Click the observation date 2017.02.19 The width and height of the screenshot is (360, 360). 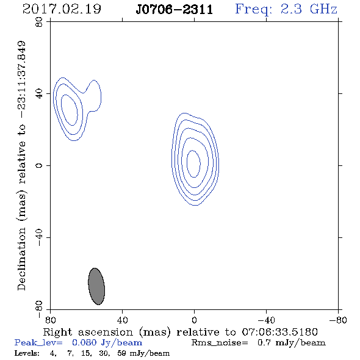coord(62,9)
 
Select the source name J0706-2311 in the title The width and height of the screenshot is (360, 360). coord(175,10)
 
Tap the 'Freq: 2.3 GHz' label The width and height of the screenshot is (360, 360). coord(286,10)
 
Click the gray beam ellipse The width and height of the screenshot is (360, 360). coord(96,286)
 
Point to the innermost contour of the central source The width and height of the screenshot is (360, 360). coord(187,164)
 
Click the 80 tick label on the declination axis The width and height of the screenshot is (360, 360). coord(39,22)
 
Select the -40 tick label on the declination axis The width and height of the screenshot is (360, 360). coord(39,237)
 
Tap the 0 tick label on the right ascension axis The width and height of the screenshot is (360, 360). coord(194,320)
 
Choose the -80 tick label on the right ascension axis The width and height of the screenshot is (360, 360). coord(338,320)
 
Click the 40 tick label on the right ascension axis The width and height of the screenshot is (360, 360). coord(122,320)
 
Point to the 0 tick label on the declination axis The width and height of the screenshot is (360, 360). coord(39,165)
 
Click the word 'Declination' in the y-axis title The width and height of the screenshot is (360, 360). coord(21,259)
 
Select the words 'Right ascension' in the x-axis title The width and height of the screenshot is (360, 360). coord(88,332)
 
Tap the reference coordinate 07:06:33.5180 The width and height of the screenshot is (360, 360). coord(279,332)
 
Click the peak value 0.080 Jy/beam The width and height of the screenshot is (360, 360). coord(107,342)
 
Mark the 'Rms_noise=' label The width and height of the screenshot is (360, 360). coord(220,343)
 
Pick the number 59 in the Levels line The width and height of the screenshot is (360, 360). coord(121,353)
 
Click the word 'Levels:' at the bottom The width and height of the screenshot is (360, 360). coord(27,353)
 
